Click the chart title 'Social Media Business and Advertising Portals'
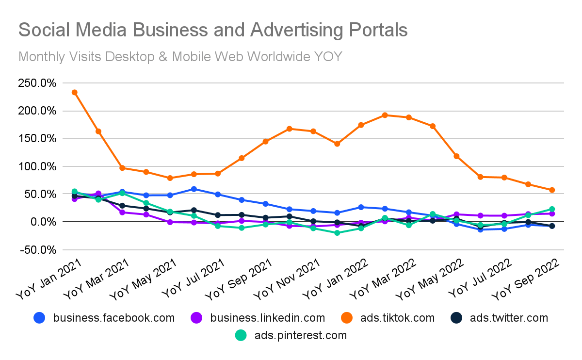[x=212, y=30]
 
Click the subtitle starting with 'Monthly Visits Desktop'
[x=180, y=57]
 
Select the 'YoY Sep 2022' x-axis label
[x=527, y=280]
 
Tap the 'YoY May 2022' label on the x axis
[x=431, y=280]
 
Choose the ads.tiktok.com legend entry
[x=397, y=318]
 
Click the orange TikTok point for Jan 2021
[x=75, y=92]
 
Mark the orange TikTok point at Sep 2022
[x=552, y=190]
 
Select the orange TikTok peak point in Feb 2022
[x=385, y=115]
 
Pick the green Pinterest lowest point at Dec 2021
[x=337, y=233]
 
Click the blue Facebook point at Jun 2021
[x=194, y=189]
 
